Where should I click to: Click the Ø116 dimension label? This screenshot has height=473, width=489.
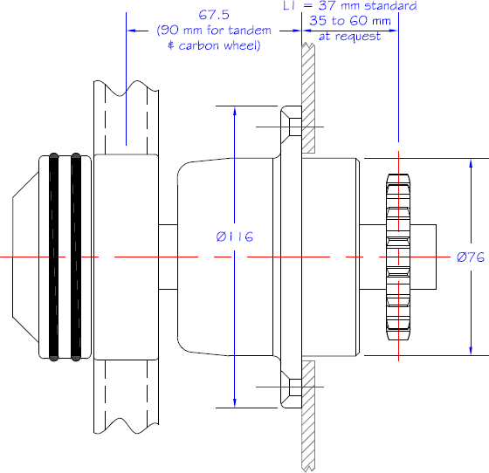point(235,236)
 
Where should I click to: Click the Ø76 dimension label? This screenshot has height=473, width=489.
point(471,257)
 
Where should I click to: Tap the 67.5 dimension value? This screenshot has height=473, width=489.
point(214,15)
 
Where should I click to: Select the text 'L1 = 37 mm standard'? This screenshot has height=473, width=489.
point(350,5)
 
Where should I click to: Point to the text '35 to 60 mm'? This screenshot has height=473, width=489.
point(350,21)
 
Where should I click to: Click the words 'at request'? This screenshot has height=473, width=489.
point(349,36)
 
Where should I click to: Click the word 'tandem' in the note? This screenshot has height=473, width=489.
point(250,31)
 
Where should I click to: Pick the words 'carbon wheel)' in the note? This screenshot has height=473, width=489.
point(219,45)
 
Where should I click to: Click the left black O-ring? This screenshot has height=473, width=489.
point(53,257)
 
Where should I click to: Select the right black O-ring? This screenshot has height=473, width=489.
point(76,257)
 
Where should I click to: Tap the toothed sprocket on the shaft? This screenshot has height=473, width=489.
point(398,257)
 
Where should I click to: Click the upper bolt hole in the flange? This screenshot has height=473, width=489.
point(295,127)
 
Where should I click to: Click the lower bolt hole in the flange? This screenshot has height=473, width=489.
point(295,387)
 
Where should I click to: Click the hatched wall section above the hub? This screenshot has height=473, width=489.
point(308,98)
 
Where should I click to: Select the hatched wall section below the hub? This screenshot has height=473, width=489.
point(308,415)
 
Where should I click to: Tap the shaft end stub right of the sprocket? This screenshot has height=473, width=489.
point(423,257)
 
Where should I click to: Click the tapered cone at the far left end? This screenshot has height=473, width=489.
point(25,257)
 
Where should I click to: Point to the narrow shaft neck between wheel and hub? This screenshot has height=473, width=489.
point(168,257)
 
